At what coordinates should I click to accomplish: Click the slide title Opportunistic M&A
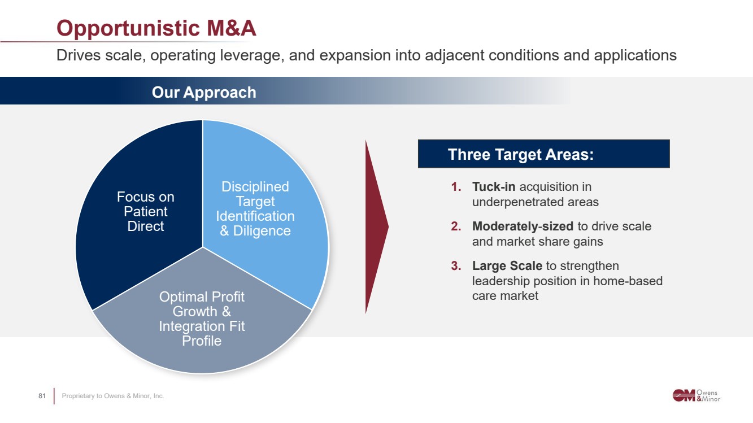point(156,28)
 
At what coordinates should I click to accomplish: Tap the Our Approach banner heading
point(204,93)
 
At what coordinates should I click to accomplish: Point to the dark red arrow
point(376,227)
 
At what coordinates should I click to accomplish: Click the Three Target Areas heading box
point(543,154)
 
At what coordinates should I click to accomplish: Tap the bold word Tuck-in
point(494,187)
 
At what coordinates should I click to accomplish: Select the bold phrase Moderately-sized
point(523,226)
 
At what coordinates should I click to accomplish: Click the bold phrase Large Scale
point(507,266)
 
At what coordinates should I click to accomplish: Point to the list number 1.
point(456,187)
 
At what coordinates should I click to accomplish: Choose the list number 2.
point(456,226)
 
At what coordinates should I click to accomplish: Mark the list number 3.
point(456,266)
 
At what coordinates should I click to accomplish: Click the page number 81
point(42,396)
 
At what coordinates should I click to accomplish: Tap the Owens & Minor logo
point(697,395)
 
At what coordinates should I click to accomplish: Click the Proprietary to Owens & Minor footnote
point(112,396)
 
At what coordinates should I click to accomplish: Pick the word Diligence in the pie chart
point(262,231)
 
